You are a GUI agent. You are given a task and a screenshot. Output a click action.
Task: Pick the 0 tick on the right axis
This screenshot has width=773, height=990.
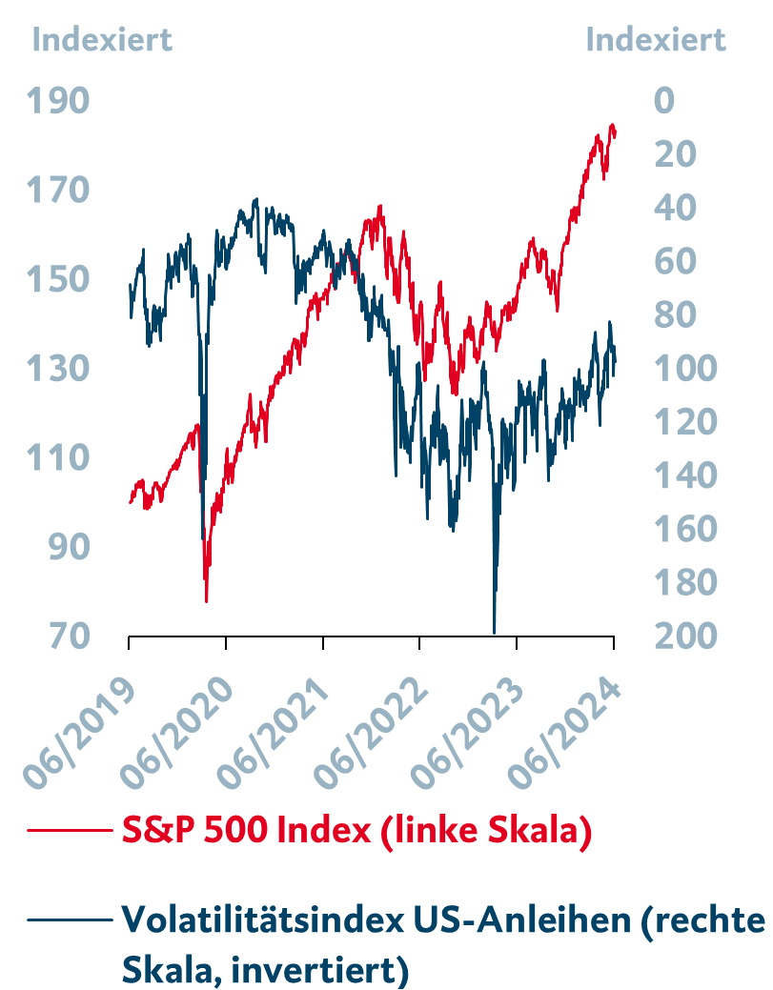(x=664, y=101)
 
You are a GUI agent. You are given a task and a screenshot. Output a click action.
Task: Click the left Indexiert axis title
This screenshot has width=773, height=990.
(x=102, y=40)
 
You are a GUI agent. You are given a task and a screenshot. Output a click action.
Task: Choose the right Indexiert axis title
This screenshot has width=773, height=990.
(x=656, y=40)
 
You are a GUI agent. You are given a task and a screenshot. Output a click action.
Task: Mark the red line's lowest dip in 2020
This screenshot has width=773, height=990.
(x=206, y=600)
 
